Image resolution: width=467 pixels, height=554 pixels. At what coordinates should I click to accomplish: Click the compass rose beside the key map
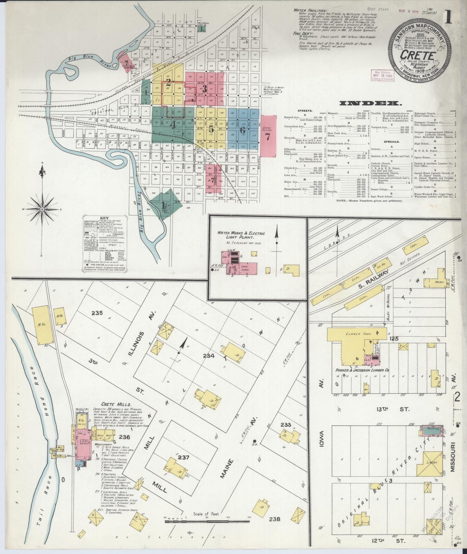[x=41, y=209]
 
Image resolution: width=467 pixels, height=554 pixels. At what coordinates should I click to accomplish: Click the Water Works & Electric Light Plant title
[x=241, y=235]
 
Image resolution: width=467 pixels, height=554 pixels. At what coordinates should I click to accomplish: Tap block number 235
[x=97, y=313]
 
